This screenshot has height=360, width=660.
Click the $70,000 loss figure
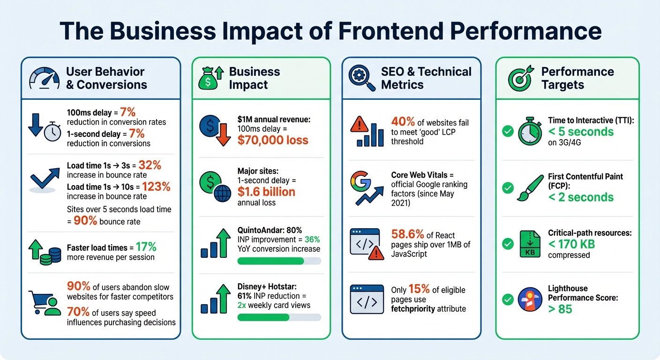273,140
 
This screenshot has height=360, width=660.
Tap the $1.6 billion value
266,192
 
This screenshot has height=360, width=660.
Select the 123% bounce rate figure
156,187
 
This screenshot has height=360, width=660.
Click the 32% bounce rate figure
150,165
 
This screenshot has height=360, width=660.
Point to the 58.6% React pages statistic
407,234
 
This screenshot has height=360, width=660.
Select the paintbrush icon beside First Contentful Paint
530,187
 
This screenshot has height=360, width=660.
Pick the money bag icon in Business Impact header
210,78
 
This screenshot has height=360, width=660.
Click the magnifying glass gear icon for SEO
362,78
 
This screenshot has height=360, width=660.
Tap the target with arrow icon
521,78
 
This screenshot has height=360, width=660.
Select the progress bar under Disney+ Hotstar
279,317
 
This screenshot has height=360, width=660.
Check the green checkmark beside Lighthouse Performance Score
508,299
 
